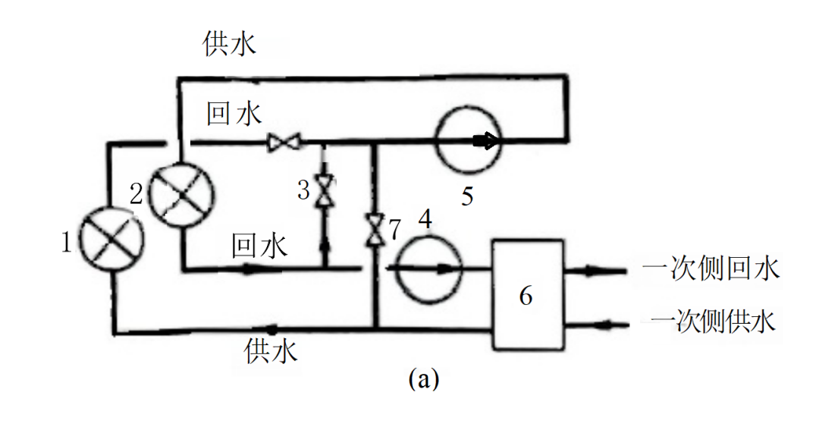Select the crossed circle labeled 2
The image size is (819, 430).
pyautogui.click(x=180, y=194)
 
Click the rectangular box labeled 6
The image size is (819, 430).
pyautogui.click(x=528, y=294)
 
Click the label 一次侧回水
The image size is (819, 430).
pyautogui.click(x=711, y=269)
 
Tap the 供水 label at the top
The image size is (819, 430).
pyautogui.click(x=230, y=44)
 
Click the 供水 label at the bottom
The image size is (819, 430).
pyautogui.click(x=271, y=350)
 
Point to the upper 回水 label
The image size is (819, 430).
pyautogui.click(x=234, y=115)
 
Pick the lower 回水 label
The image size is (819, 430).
pyautogui.click(x=259, y=246)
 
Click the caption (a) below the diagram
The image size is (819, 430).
pyautogui.click(x=423, y=378)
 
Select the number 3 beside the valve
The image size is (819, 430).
pyautogui.click(x=303, y=190)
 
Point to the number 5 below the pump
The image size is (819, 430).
pyautogui.click(x=468, y=196)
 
